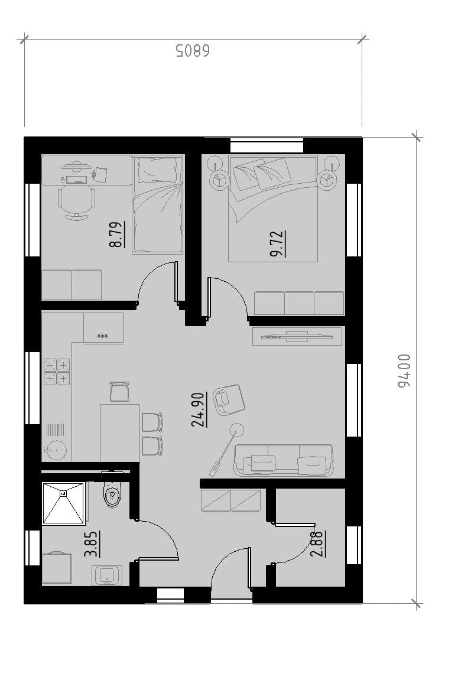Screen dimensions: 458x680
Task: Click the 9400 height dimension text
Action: pos(404,370)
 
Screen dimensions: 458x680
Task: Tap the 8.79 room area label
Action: pos(117,234)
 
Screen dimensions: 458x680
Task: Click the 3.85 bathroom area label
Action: pos(92,544)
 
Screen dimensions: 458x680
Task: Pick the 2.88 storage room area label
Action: pos(318,544)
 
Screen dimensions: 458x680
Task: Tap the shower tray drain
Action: pos(63,493)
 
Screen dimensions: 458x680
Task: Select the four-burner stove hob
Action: pos(57,372)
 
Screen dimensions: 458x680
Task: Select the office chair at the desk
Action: pos(76,200)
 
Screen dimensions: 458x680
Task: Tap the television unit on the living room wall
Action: pos(297,336)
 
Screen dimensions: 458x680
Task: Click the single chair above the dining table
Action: pos(120,392)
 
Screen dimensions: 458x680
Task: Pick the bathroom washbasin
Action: pos(107,575)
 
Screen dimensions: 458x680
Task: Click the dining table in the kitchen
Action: pos(120,433)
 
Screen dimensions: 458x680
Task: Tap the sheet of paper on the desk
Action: pos(100,175)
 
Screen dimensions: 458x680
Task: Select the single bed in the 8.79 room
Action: pos(157,204)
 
